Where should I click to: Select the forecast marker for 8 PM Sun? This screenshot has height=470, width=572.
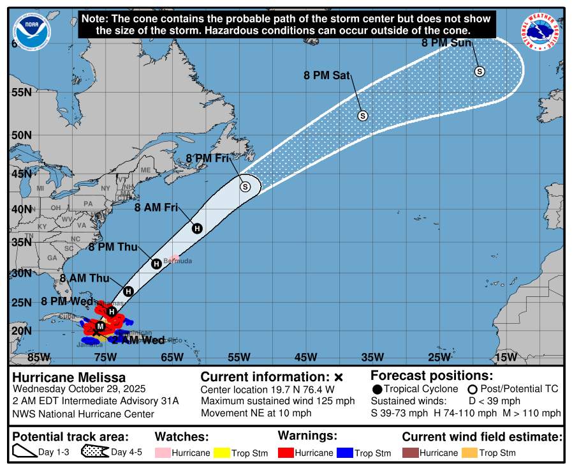point(480,72)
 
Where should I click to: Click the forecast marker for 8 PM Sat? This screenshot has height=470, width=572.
point(363,116)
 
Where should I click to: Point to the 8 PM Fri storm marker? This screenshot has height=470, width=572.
point(245,186)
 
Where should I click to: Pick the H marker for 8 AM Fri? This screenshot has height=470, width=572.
point(197,229)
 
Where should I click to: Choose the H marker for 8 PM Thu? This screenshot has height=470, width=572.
point(156,263)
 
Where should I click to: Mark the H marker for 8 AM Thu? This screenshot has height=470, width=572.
point(128,291)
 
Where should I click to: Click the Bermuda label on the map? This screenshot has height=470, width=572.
point(178,261)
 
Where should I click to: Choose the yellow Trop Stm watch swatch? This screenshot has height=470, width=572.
point(221,453)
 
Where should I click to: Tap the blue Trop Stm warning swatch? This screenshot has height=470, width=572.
point(344,453)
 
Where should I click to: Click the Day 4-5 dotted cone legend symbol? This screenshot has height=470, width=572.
point(95,452)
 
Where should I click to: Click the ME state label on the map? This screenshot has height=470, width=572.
point(145,170)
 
